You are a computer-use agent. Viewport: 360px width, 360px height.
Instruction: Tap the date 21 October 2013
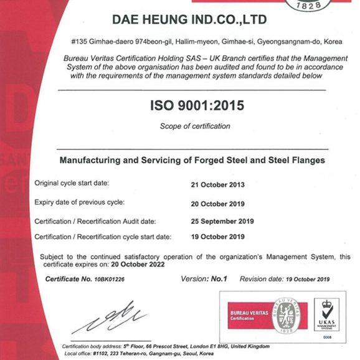217,184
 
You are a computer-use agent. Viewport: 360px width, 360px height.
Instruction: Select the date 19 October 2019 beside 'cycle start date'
217,237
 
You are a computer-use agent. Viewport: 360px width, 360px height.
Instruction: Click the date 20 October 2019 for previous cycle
217,203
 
